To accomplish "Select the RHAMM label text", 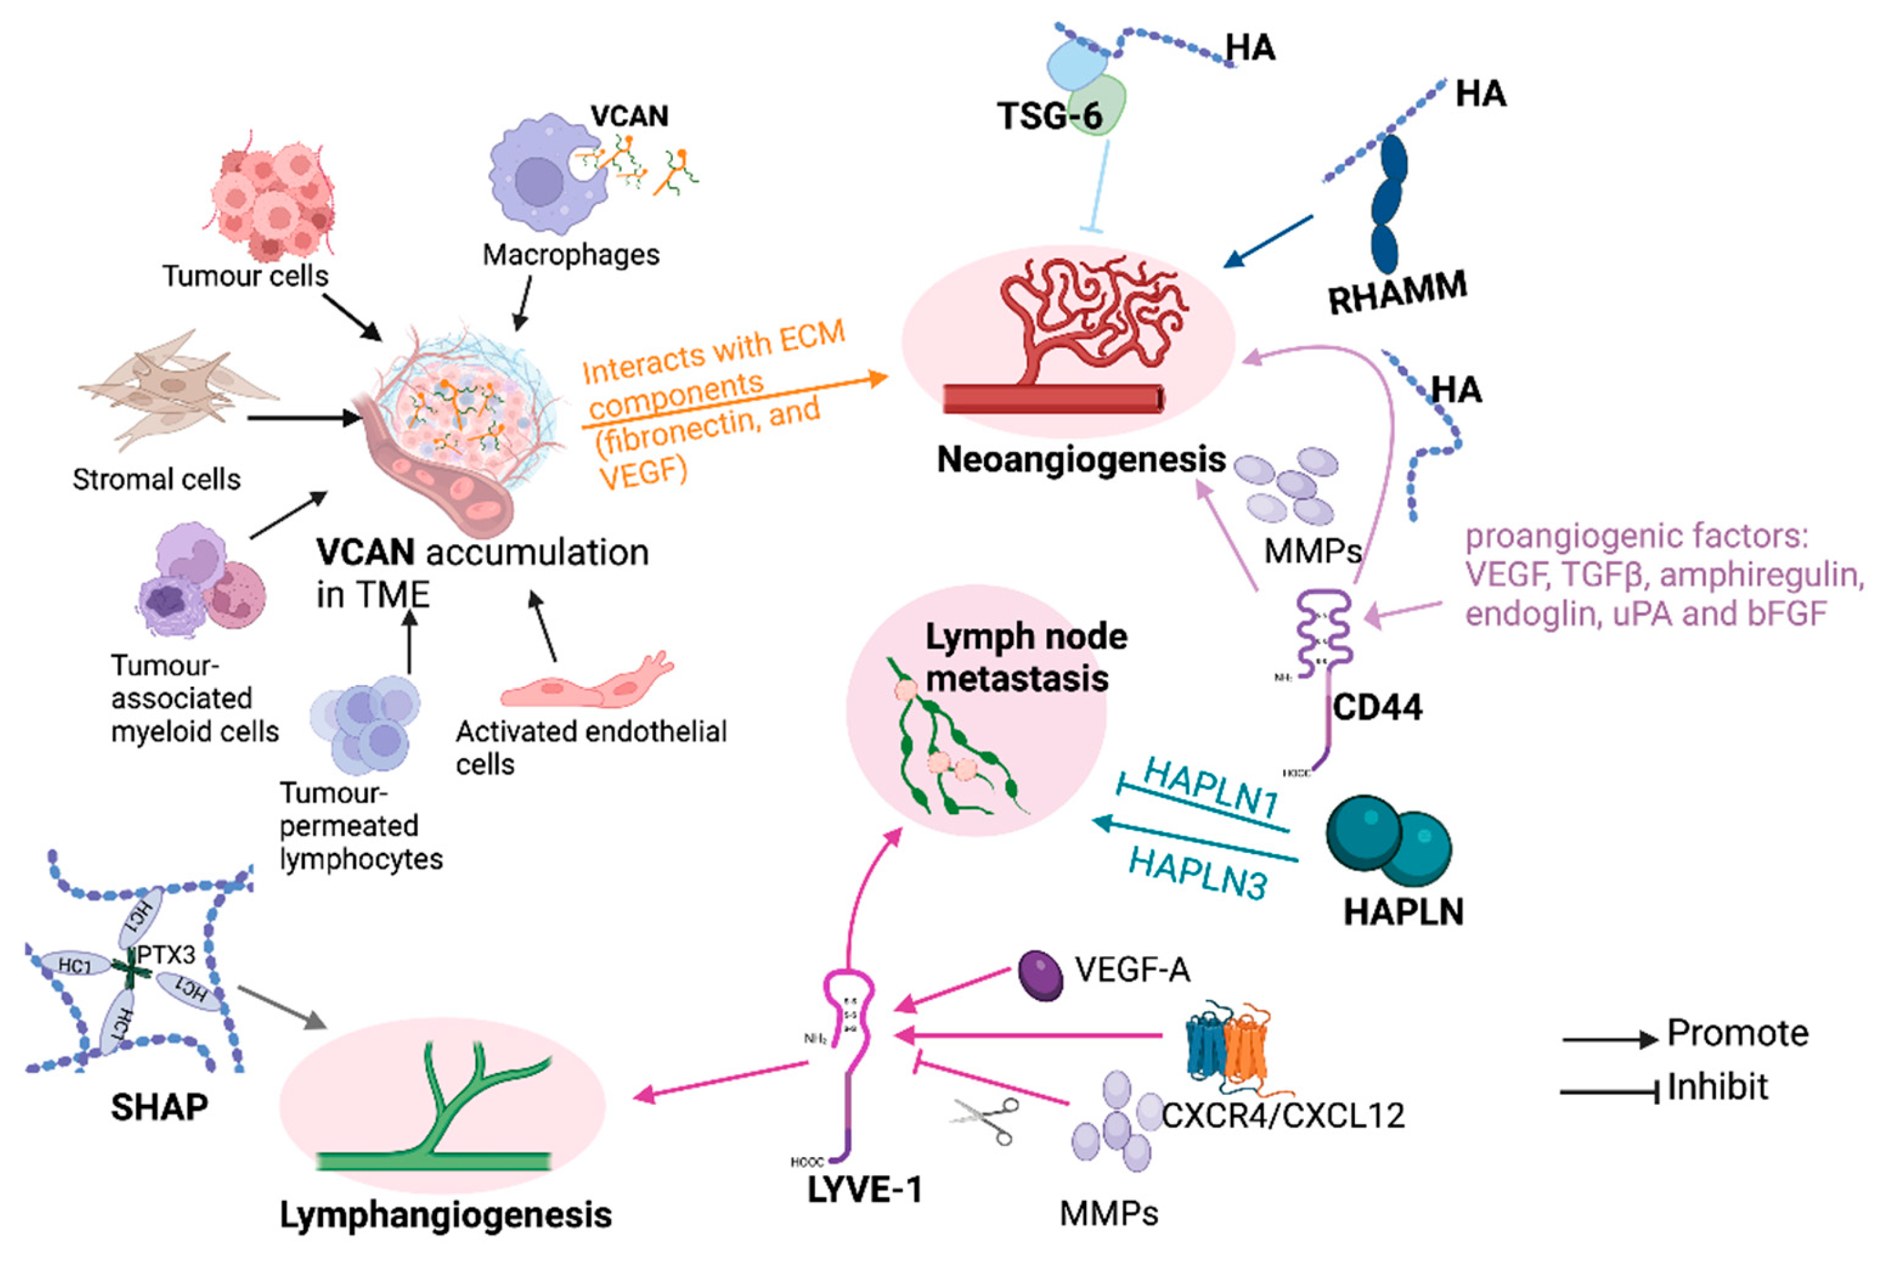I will tap(1397, 291).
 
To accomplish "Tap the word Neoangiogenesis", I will tap(1080, 459).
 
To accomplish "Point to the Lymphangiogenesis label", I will tap(446, 1214).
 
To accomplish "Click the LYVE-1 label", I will tap(865, 1189).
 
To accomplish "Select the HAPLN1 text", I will tap(1210, 788).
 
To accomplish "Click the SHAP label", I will tap(159, 1106).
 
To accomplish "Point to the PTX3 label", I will tap(166, 955).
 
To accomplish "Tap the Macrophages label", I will tap(571, 254).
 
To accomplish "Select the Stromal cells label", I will tap(156, 478).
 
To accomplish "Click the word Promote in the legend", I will tap(1737, 1032).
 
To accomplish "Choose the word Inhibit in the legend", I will tap(1717, 1086).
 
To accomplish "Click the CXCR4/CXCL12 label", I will tap(1283, 1115).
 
